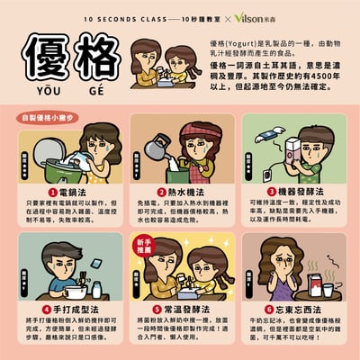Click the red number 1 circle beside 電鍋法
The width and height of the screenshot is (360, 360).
(x=52, y=192)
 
